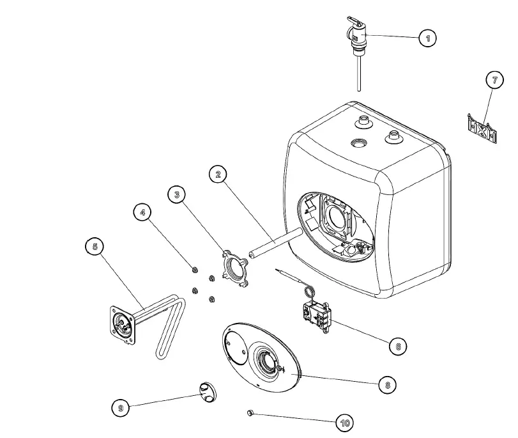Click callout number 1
tap(427, 39)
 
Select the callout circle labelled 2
tap(218, 174)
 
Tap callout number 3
tap(178, 194)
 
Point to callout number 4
tap(142, 213)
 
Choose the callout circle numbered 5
tap(95, 247)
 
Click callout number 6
tap(397, 346)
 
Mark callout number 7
tap(494, 81)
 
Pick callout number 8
tap(386, 384)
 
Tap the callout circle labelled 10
tap(345, 423)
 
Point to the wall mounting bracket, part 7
tap(482, 130)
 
